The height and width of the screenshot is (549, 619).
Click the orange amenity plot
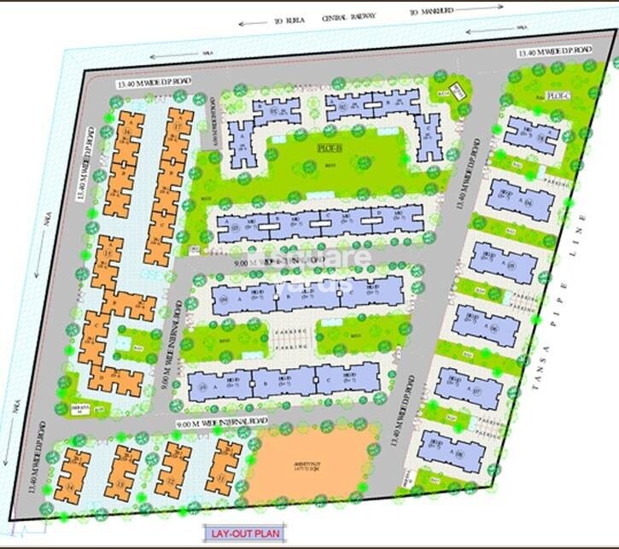(x=312, y=466)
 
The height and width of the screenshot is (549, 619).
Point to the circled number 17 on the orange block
(x=178, y=128)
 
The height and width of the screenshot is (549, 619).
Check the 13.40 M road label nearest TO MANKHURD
(x=553, y=54)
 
